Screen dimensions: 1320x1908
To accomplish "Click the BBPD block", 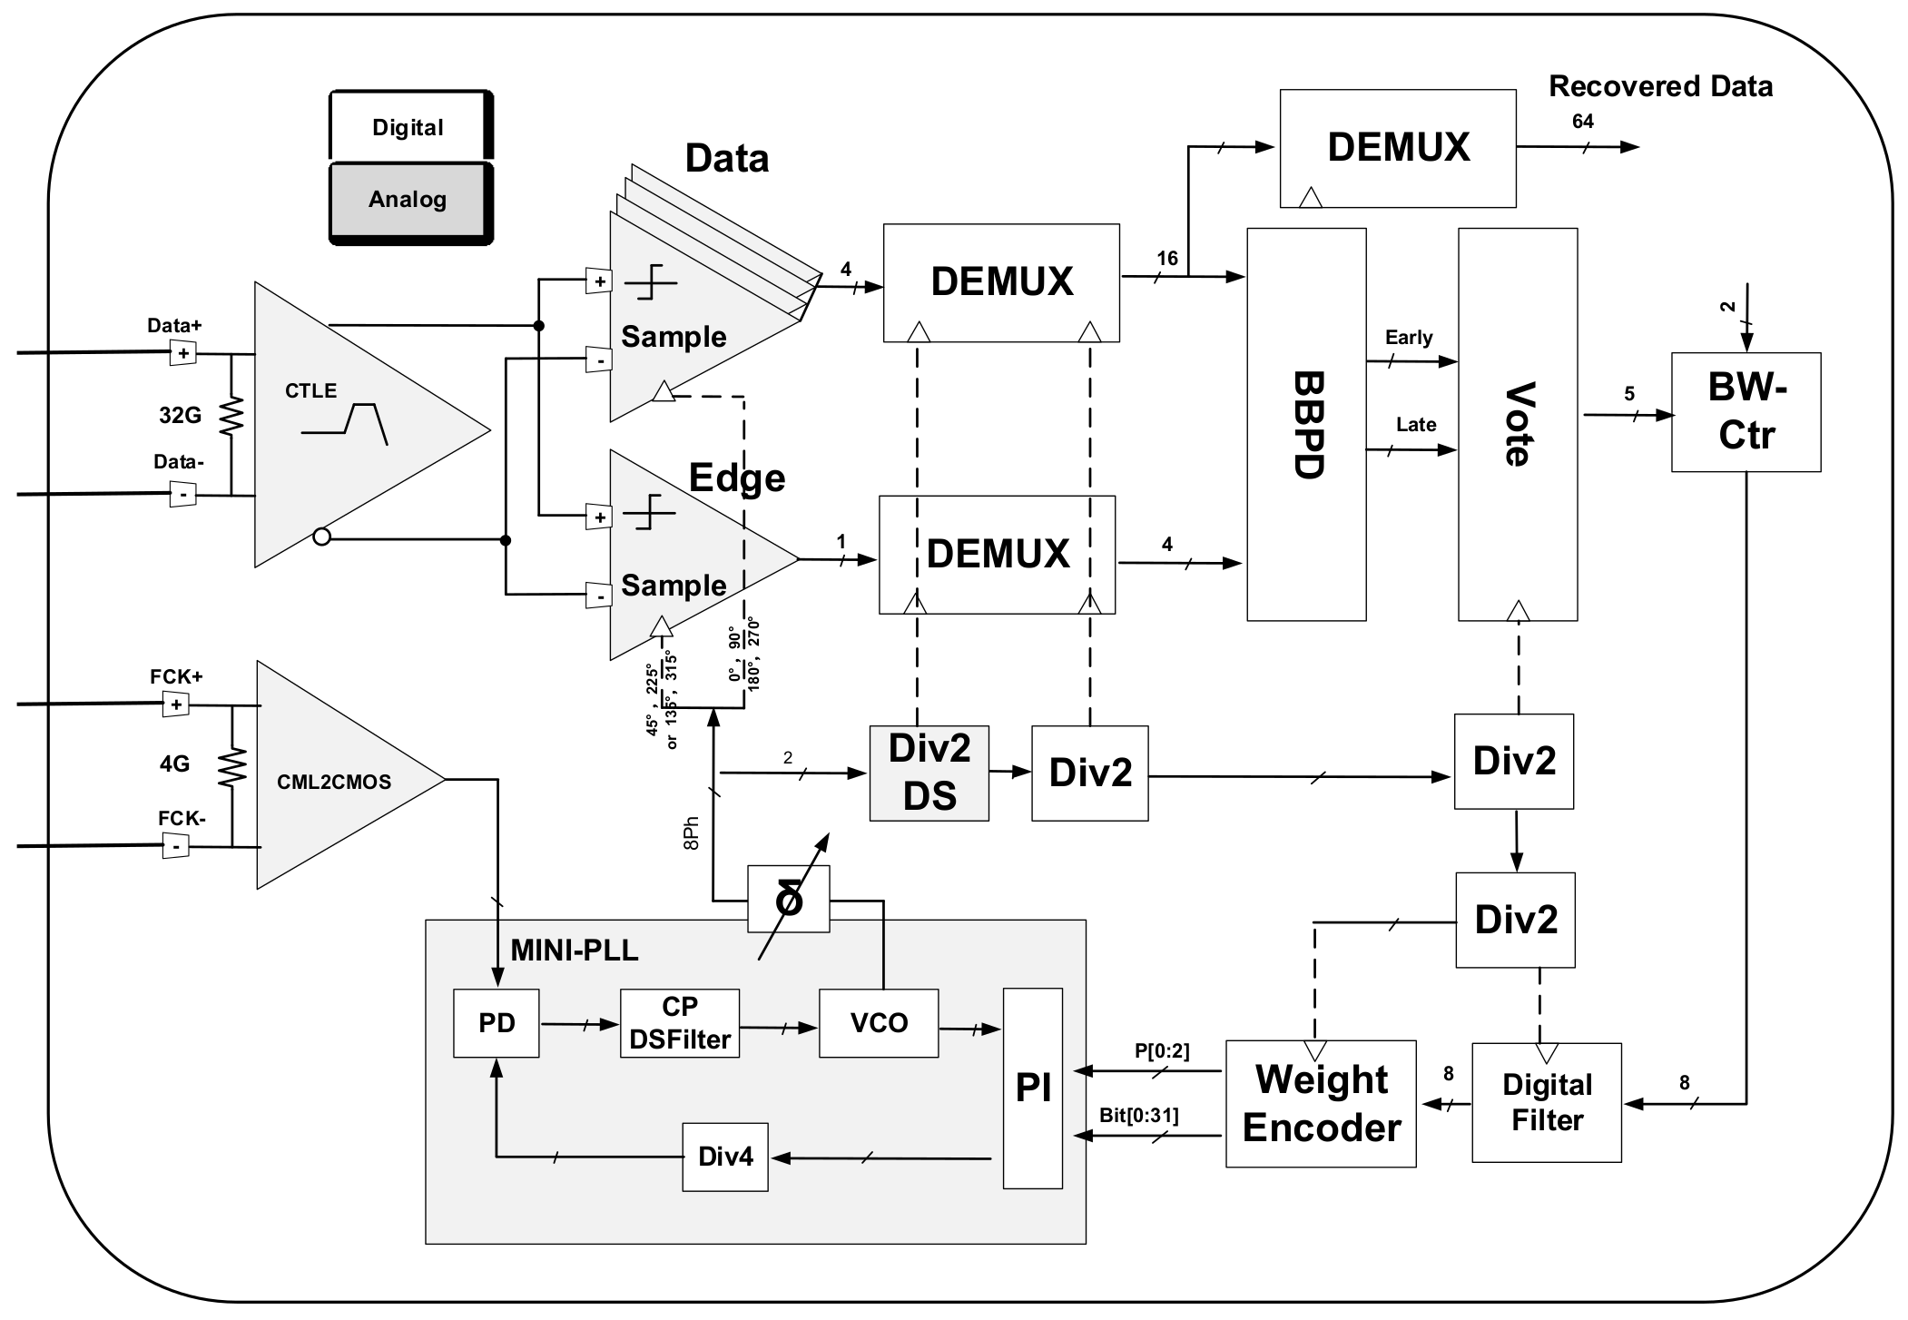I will (1305, 425).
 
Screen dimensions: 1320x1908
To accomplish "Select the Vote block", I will (1517, 425).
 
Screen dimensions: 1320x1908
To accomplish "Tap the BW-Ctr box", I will (1745, 411).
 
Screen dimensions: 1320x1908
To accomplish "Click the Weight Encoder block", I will (1320, 1103).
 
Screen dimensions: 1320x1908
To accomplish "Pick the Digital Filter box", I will (1546, 1102).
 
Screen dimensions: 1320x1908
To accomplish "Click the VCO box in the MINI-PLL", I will (878, 1023).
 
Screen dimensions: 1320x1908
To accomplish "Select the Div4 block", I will (724, 1157).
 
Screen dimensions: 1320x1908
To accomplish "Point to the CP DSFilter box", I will (679, 1023).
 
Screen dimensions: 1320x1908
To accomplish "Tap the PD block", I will (496, 1023).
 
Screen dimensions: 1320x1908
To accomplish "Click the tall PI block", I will (1032, 1088).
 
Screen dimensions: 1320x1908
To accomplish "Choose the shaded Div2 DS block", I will (929, 773).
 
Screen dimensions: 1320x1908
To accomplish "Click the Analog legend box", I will (408, 201).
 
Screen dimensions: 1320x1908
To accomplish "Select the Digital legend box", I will (408, 127).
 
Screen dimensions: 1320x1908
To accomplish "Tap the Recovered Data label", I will (1659, 86).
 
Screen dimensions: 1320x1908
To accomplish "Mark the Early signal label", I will (1408, 338).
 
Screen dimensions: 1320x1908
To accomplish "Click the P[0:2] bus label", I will (1161, 1051).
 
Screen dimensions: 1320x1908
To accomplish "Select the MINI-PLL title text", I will (574, 951).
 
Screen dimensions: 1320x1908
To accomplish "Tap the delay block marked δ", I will (788, 900).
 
